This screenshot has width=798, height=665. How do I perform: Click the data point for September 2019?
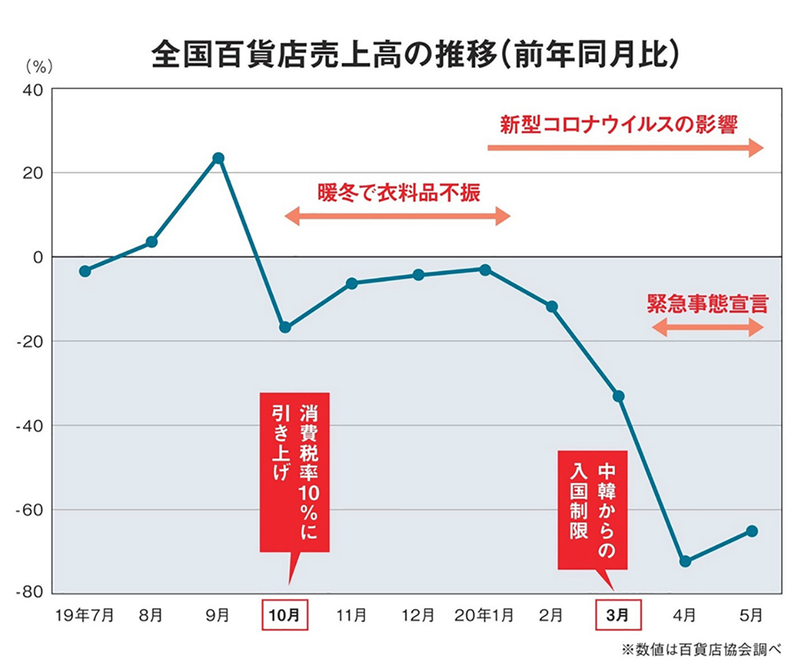218,158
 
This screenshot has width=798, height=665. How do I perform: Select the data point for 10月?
285,328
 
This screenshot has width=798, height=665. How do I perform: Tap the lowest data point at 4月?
686,561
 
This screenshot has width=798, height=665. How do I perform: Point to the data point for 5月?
752,531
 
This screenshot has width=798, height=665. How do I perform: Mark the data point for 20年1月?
485,270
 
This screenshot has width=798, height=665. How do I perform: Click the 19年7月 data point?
84,271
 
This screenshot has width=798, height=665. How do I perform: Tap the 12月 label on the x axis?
418,615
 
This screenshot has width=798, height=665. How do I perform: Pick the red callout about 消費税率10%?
295,472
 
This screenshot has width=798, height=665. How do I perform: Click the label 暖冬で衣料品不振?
398,192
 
